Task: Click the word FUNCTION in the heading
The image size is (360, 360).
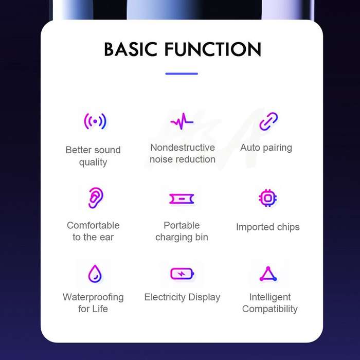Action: click(x=213, y=49)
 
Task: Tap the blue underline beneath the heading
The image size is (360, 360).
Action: click(x=182, y=74)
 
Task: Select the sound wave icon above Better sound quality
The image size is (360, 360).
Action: click(x=95, y=121)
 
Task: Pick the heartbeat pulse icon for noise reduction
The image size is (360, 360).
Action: click(x=182, y=121)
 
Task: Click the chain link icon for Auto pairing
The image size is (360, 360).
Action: click(x=268, y=121)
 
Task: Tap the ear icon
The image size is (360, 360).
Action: click(x=96, y=197)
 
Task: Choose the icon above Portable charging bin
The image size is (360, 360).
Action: click(x=182, y=199)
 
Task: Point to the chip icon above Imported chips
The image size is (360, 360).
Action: click(x=268, y=198)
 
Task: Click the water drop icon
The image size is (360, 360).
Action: click(x=95, y=274)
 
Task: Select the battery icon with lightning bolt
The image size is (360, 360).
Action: click(x=182, y=274)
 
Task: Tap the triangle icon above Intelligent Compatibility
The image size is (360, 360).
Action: click(x=268, y=274)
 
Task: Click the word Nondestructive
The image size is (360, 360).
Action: click(x=183, y=148)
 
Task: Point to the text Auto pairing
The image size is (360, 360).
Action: click(x=266, y=148)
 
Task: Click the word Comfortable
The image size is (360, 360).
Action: click(x=93, y=225)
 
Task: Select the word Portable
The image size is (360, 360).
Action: click(x=182, y=225)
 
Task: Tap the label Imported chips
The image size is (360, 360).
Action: click(x=268, y=227)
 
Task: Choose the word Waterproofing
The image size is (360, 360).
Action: click(x=93, y=297)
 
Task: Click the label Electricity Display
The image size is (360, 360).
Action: click(x=182, y=297)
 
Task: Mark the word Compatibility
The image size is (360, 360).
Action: click(x=270, y=309)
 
